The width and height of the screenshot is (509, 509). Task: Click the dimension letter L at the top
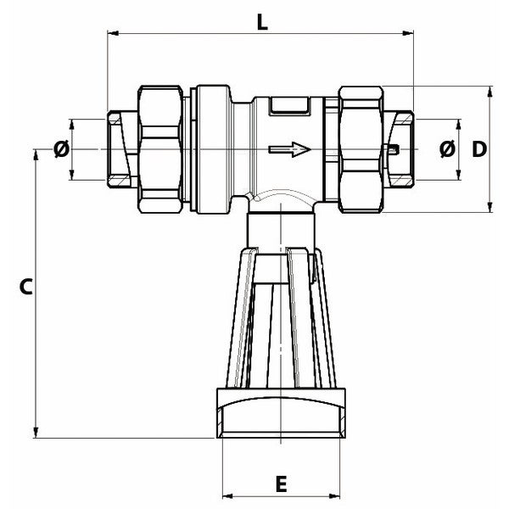263,22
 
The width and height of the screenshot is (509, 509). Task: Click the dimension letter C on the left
25,287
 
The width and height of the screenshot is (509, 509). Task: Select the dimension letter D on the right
478,149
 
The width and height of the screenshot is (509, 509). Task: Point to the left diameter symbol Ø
61,150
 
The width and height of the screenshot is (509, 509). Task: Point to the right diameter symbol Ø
447,149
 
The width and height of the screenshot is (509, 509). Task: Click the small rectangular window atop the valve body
289,106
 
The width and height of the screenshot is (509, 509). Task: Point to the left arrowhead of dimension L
111,33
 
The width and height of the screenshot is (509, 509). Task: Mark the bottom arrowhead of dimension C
36,433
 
